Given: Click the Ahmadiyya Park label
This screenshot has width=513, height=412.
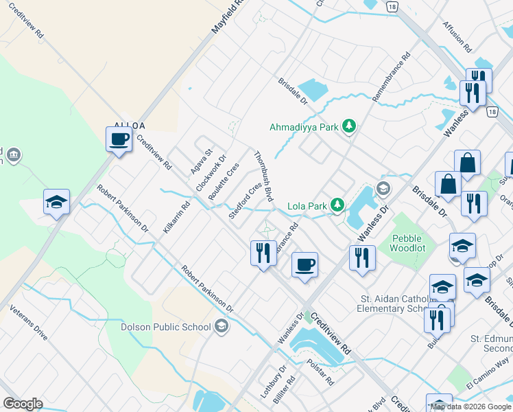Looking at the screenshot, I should pyautogui.click(x=305, y=127).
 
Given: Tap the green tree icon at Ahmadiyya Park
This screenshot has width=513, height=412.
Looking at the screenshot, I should pyautogui.click(x=350, y=126).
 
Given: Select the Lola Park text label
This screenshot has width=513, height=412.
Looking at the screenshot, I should pyautogui.click(x=306, y=205).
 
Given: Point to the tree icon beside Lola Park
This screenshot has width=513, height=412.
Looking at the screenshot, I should pyautogui.click(x=337, y=205).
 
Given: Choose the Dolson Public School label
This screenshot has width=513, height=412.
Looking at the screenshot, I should pyautogui.click(x=165, y=327).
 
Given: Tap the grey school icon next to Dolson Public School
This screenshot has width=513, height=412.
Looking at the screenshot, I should pyautogui.click(x=222, y=325).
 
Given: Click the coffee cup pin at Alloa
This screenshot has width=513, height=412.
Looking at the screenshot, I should pyautogui.click(x=119, y=139).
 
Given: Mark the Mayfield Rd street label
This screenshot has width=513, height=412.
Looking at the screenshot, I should pyautogui.click(x=228, y=16).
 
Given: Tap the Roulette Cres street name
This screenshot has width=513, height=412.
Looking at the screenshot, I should pyautogui.click(x=224, y=182).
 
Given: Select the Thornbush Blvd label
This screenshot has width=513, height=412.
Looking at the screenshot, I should pyautogui.click(x=264, y=176).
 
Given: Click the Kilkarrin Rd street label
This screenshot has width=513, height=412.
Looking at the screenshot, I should pyautogui.click(x=176, y=217).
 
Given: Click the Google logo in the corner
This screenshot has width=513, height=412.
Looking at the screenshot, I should pyautogui.click(x=23, y=403).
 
